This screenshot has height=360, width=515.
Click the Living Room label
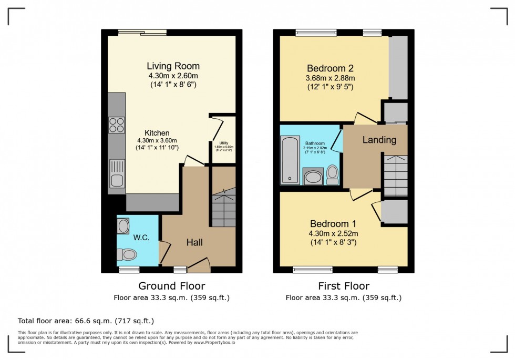tap(173, 66)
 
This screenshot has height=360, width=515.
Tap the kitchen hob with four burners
tap(117, 125)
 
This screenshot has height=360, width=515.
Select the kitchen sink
tap(117, 174)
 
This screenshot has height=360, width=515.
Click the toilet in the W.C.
tap(127, 255)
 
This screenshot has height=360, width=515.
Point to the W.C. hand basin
tap(123, 227)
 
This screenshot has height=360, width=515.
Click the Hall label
tap(195, 242)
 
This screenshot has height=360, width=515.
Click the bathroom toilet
tap(332, 174)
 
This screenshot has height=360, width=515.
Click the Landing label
tap(379, 140)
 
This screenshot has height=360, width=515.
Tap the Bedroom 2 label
tap(330, 68)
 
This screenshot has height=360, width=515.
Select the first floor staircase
tap(395, 176)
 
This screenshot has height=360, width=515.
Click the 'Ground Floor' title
tap(171, 286)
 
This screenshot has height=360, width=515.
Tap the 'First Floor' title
tap(343, 286)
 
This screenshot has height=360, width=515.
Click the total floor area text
tap(86, 321)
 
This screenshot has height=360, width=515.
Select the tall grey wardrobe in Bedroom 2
tap(398, 67)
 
